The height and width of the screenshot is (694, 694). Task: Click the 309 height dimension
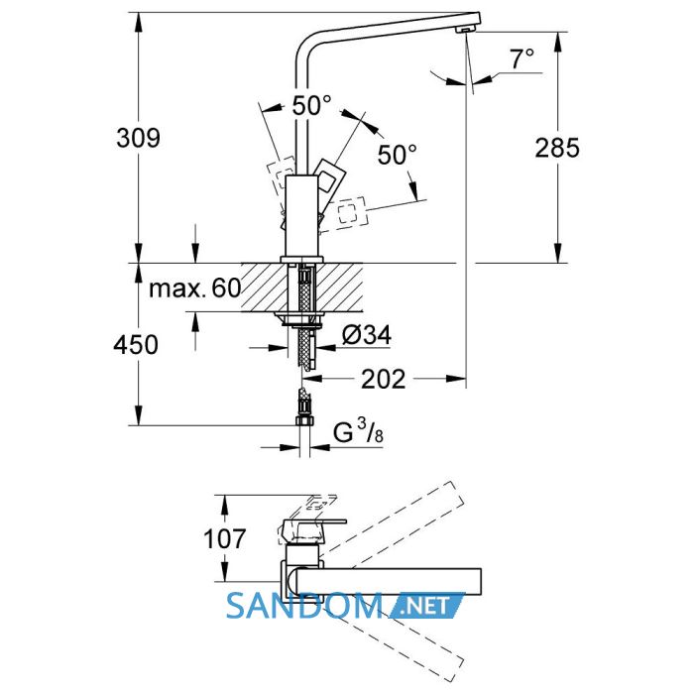[138, 138]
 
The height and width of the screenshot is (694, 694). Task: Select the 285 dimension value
[557, 148]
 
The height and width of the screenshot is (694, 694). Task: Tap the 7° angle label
[521, 58]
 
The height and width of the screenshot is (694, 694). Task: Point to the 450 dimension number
[136, 344]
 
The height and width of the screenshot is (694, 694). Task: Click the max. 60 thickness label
[194, 289]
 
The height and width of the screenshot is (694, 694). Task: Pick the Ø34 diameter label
[367, 335]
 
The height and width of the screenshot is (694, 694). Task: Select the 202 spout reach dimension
[384, 380]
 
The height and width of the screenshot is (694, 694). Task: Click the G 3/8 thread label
[358, 431]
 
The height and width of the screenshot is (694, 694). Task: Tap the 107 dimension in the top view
[224, 538]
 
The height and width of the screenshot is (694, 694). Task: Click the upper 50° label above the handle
[311, 105]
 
